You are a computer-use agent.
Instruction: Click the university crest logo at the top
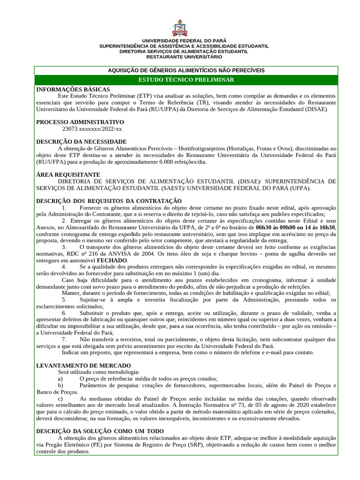tap(180, 28)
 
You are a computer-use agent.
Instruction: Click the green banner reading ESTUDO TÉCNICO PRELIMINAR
tap(186, 80)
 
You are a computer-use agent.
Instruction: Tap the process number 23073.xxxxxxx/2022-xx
tap(92, 128)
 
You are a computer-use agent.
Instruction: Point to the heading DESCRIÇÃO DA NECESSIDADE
tap(81, 142)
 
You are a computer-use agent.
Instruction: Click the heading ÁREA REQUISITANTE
tap(68, 174)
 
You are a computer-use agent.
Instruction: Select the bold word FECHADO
tap(112, 260)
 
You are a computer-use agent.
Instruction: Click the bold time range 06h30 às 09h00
tap(275, 227)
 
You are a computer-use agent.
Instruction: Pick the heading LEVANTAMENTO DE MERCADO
tap(83, 365)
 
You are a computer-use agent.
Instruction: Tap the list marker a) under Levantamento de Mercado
tap(60, 378)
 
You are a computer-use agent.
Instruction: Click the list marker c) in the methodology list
tap(60, 398)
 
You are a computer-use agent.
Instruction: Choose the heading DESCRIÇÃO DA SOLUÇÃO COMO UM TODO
tap(100, 431)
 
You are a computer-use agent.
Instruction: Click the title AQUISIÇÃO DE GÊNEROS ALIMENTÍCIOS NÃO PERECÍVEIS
tap(186, 70)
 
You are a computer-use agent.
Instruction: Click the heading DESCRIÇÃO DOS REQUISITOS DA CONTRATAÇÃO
tap(109, 201)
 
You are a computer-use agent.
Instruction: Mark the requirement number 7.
tap(64, 338)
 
